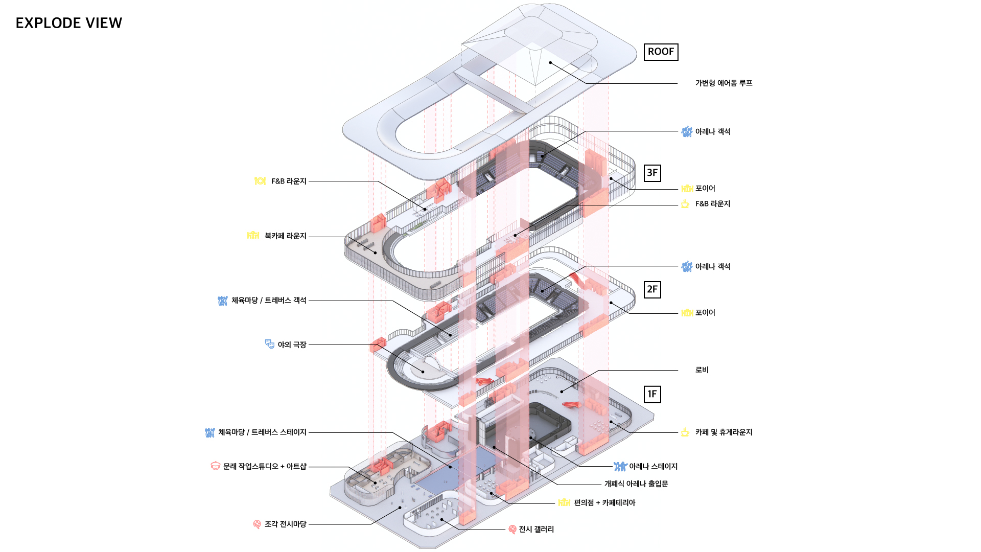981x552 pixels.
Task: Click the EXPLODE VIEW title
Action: [69, 23]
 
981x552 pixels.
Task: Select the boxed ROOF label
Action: [661, 52]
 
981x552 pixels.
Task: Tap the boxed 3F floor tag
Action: [652, 173]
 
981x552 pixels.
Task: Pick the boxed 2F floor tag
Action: [652, 289]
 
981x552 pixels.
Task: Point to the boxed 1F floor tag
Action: [652, 394]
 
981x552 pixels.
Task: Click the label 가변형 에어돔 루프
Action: [723, 83]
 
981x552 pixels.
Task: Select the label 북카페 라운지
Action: [285, 236]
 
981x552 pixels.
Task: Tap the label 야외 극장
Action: [292, 345]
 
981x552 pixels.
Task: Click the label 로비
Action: [702, 370]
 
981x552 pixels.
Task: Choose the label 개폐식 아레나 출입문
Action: [636, 484]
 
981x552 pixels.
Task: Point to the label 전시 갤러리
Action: [536, 530]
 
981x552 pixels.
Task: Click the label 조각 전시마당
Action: [285, 524]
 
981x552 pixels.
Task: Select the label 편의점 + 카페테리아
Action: [604, 503]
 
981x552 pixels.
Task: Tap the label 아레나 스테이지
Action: [653, 467]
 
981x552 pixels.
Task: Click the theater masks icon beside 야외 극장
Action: [270, 344]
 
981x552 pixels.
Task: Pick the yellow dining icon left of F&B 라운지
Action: [260, 181]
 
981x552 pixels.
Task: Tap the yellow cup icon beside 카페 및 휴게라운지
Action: [685, 432]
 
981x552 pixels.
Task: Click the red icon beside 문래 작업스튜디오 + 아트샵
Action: [216, 466]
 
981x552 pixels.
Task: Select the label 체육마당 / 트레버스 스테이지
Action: [262, 432]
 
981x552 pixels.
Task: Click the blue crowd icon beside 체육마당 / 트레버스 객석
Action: [222, 301]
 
